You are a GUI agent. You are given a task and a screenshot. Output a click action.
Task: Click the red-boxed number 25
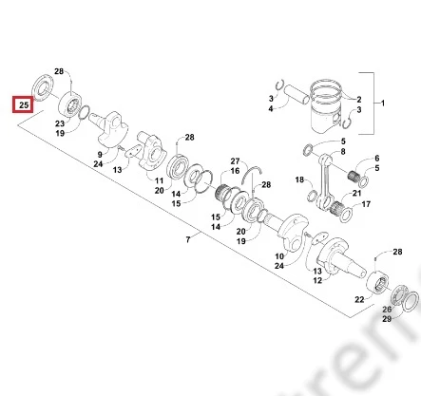(x=24, y=104)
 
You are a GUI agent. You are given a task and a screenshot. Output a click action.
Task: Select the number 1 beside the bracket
(x=382, y=103)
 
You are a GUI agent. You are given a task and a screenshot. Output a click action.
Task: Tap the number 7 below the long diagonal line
(x=188, y=239)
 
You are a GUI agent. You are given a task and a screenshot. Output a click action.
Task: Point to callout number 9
(x=100, y=155)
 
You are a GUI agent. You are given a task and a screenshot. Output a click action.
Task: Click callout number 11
(x=159, y=180)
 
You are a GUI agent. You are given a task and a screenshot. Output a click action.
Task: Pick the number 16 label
(x=235, y=171)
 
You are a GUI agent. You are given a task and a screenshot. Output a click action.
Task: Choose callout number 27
(x=235, y=161)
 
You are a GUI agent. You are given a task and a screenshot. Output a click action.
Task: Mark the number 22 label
(x=359, y=299)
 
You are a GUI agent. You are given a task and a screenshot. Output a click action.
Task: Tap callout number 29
(x=387, y=319)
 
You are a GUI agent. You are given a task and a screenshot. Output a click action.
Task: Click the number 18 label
(x=299, y=179)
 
